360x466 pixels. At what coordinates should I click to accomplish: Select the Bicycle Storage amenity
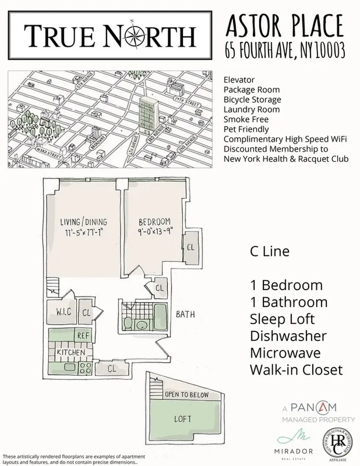(x=252, y=100)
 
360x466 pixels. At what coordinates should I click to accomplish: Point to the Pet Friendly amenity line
(x=246, y=129)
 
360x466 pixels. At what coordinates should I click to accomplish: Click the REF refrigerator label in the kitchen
(x=83, y=336)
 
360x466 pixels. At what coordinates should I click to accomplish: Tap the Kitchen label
(x=71, y=352)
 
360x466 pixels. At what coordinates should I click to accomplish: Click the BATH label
(x=185, y=313)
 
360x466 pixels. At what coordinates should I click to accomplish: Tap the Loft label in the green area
(x=183, y=419)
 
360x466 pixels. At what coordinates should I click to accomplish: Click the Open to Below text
(x=186, y=395)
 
